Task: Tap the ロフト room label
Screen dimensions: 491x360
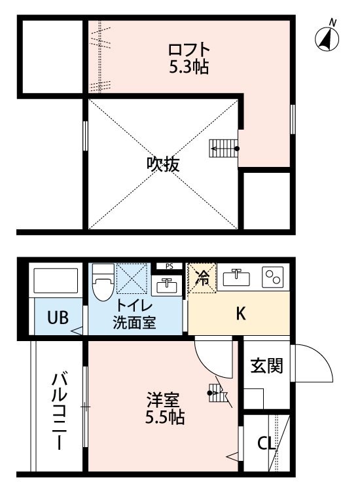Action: [189, 50]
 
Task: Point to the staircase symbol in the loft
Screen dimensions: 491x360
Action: [221, 149]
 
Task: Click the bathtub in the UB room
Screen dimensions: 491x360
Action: [56, 280]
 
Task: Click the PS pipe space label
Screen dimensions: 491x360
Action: [169, 266]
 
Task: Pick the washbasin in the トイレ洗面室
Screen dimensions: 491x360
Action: [167, 285]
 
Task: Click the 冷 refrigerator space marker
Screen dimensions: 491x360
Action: [202, 278]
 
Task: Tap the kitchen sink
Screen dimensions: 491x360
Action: [237, 278]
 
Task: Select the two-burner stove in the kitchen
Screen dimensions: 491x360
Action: [273, 278]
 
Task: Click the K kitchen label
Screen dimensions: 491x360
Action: [241, 314]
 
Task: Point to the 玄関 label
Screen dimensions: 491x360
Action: [267, 366]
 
